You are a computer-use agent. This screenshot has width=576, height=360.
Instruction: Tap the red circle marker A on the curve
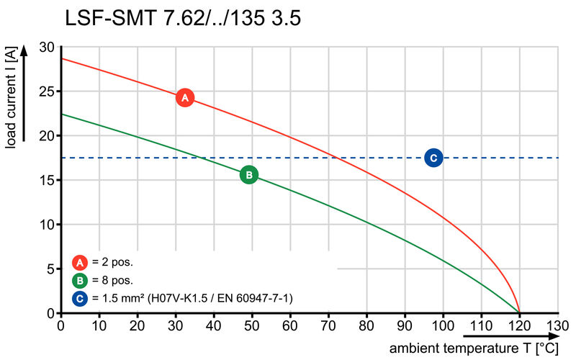click(x=184, y=97)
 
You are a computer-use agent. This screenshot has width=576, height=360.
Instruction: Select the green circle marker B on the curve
click(x=248, y=174)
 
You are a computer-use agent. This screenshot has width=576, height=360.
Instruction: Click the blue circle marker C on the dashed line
click(x=433, y=158)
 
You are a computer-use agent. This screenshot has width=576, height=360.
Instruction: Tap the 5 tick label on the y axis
click(x=50, y=269)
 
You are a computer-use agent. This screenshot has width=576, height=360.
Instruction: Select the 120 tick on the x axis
click(x=519, y=325)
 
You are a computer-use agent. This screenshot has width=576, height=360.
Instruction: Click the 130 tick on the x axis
click(x=557, y=325)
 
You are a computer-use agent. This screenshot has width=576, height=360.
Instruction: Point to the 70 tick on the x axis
click(x=328, y=325)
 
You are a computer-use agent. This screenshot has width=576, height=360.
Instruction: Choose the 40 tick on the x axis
click(x=214, y=325)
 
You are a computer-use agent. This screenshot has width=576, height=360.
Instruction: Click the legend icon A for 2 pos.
click(x=79, y=262)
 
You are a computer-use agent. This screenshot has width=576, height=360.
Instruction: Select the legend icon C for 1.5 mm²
click(x=79, y=297)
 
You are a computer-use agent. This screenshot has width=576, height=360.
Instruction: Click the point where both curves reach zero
click(x=519, y=312)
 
